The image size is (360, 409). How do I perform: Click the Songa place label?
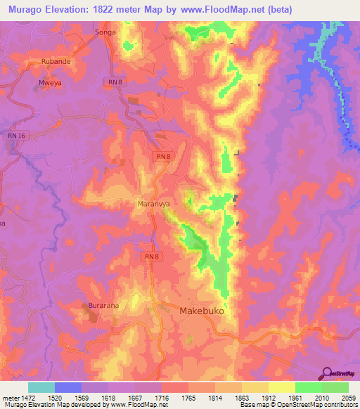pyautogui.click(x=104, y=33)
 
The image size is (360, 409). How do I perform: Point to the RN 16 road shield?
pyautogui.click(x=16, y=134)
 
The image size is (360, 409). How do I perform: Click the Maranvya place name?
pyautogui.click(x=150, y=204)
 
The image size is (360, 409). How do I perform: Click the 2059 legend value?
pyautogui.click(x=348, y=397)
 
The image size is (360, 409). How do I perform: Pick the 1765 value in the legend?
pyautogui.click(x=188, y=397)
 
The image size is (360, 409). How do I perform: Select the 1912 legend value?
pyautogui.click(x=268, y=397)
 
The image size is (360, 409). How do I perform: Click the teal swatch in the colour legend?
pyautogui.click(x=41, y=387)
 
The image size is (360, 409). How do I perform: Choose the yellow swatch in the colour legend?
pyautogui.click(x=281, y=387)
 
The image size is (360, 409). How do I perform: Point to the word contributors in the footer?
pyautogui.click(x=340, y=405)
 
